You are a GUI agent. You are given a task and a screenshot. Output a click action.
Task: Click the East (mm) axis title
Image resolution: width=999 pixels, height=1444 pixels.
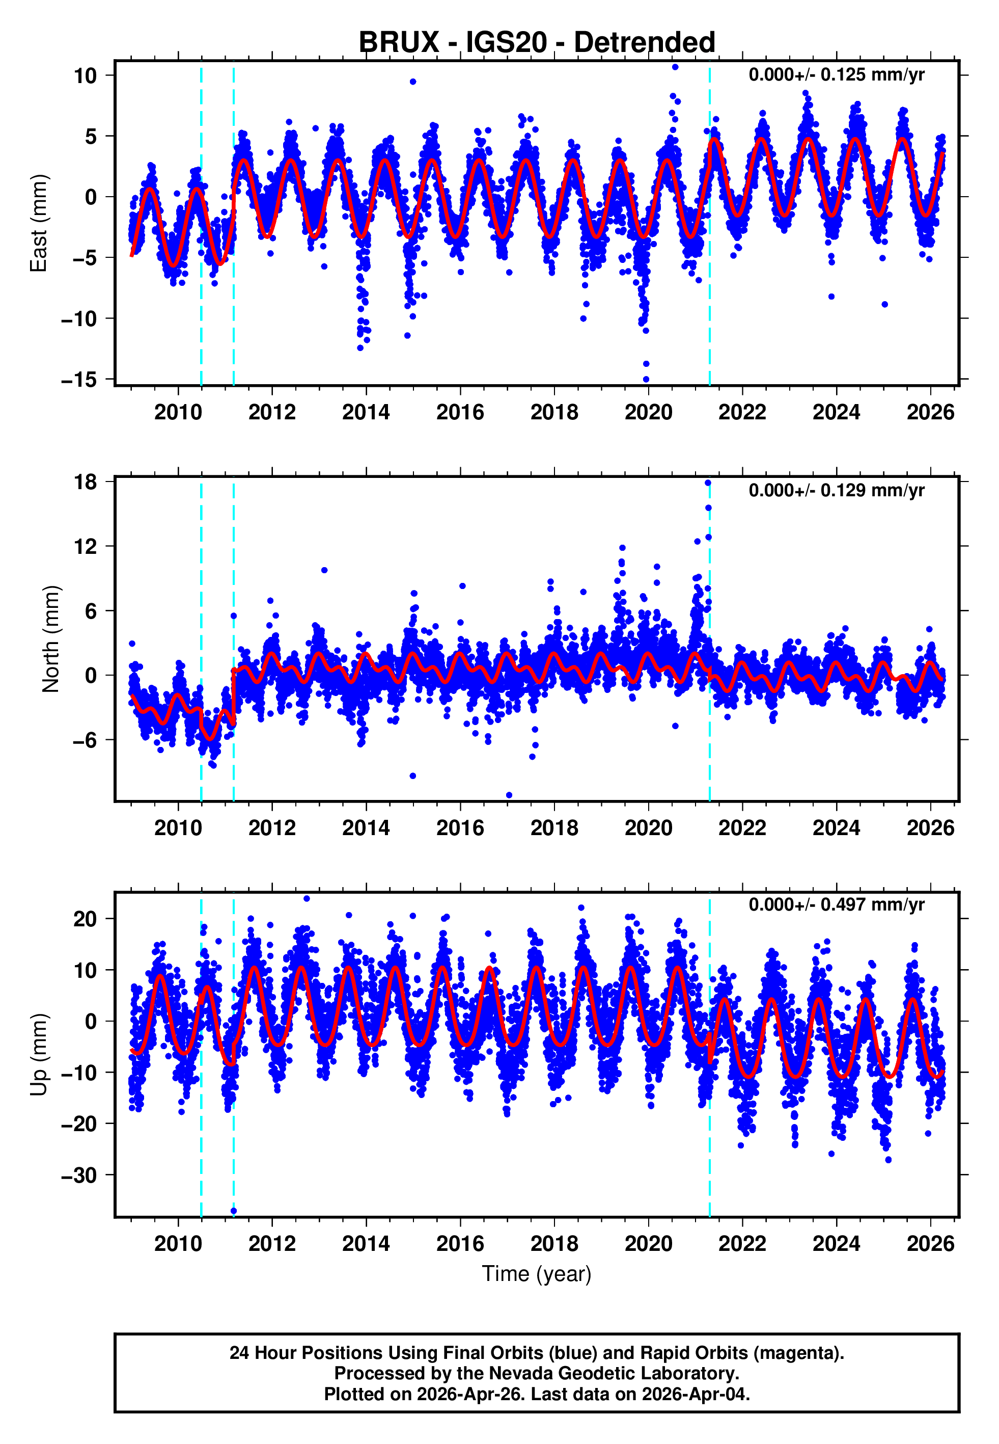[x=39, y=223]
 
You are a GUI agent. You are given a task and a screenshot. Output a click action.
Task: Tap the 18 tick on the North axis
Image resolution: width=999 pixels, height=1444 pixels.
[x=85, y=482]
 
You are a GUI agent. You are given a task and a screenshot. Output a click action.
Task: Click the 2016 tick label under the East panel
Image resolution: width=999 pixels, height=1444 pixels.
[x=460, y=413]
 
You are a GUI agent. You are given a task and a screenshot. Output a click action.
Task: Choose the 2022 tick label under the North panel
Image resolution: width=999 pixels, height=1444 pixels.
[x=742, y=828]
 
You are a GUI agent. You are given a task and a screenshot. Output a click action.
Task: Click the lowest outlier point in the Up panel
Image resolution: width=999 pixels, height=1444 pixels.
[x=234, y=1211]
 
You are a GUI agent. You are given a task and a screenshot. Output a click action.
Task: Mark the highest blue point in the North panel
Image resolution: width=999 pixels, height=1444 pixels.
[x=708, y=483]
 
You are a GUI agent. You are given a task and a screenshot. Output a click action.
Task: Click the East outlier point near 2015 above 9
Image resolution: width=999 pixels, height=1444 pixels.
[x=413, y=82]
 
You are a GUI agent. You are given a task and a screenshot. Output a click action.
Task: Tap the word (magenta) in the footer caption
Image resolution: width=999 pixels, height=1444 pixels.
[x=798, y=1353]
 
